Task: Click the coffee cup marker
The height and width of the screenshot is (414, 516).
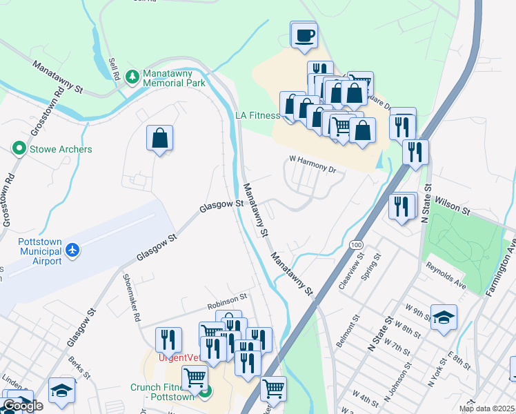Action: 304,34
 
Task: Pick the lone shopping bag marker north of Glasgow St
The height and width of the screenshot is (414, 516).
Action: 159,138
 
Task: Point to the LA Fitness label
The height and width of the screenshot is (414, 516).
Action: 258,115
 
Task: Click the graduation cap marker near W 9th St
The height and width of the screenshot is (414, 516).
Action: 444,317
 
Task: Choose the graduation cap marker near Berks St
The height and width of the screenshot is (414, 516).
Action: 61,391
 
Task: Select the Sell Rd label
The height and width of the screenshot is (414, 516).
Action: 115,70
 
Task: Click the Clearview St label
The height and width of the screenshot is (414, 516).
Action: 346,275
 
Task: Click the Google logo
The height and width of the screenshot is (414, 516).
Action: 23,406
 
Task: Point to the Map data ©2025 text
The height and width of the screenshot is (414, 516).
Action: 486,408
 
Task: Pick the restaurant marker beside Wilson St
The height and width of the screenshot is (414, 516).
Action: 402,206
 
